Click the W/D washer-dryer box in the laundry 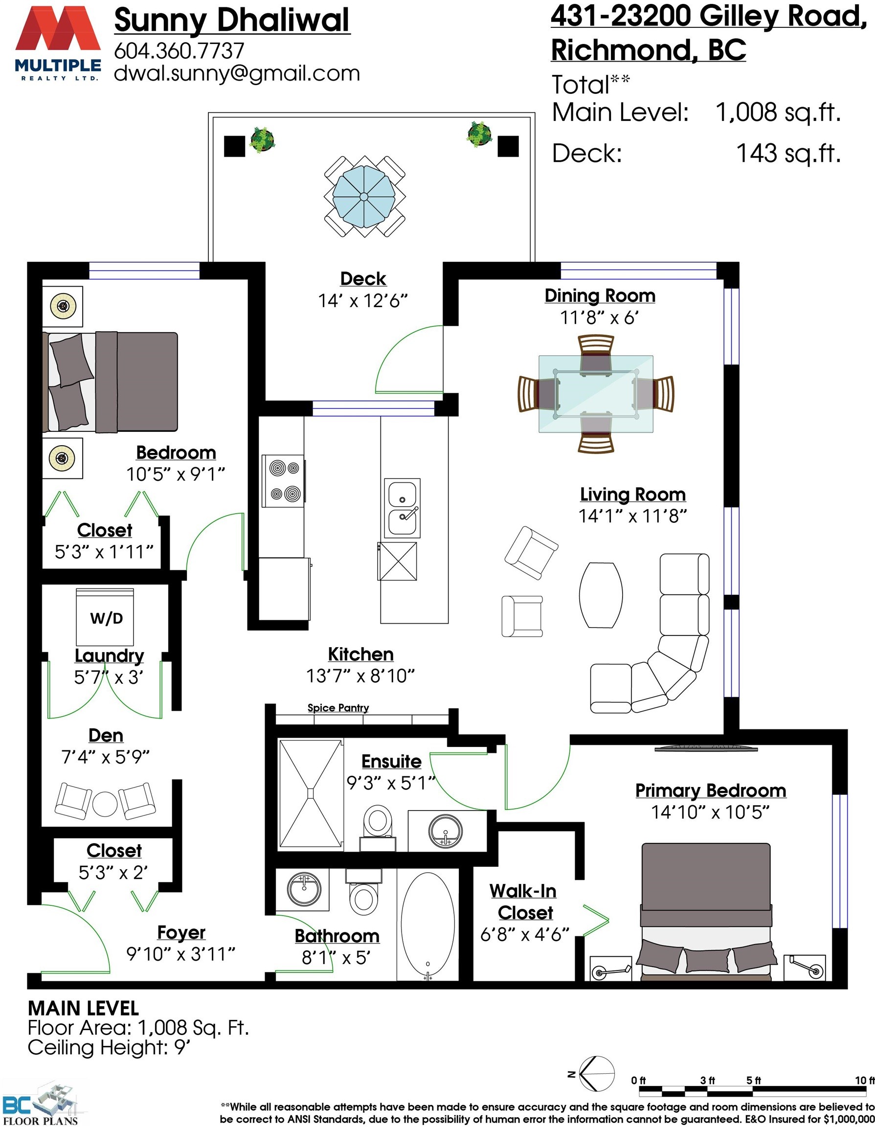(105, 617)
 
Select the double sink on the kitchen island (402, 508)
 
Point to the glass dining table (596, 394)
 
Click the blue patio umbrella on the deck (364, 197)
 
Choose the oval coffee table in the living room (601, 595)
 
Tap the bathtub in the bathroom (427, 927)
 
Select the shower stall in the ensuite (311, 794)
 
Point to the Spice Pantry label (338, 707)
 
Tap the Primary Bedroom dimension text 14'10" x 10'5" (710, 812)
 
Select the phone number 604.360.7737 (179, 50)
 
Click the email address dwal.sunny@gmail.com (237, 73)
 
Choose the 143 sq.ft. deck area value (788, 153)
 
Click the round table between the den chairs (105, 804)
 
